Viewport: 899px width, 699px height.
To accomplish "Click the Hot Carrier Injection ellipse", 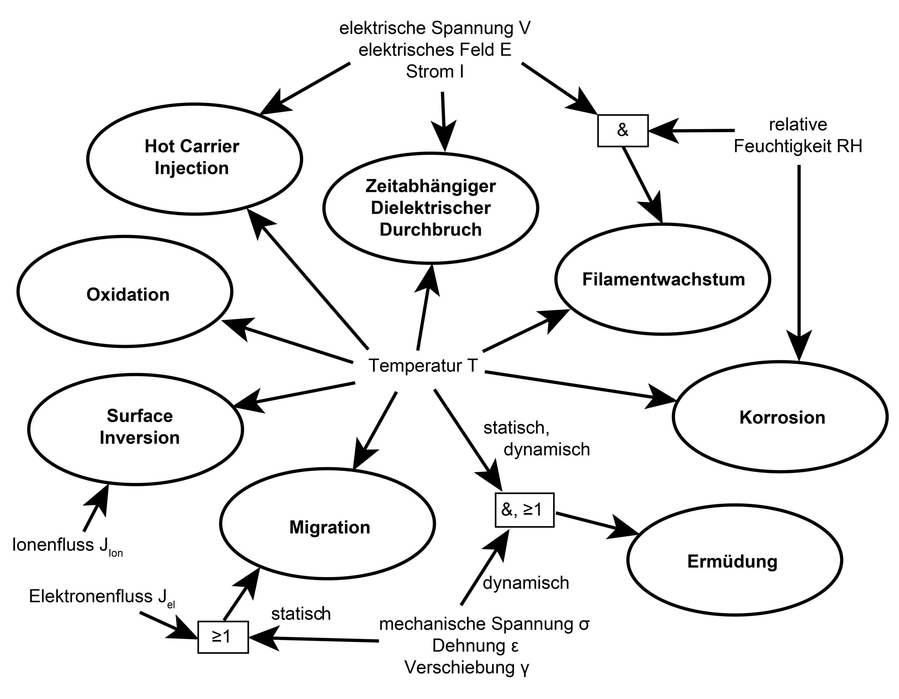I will [x=194, y=158].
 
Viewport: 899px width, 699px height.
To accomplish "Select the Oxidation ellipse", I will [x=125, y=292].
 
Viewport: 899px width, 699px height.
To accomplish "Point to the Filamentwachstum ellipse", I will [x=663, y=279].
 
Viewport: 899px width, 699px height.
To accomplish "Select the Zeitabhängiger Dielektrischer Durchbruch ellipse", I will [x=431, y=208].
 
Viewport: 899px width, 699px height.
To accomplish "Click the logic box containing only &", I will [x=623, y=130].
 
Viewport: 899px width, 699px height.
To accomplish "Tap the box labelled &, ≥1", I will [x=524, y=510].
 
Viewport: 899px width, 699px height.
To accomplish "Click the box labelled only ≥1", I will [x=223, y=637].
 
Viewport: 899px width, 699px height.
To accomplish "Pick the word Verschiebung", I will [x=459, y=667].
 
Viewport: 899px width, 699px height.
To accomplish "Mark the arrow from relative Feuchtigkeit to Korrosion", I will [x=799, y=263].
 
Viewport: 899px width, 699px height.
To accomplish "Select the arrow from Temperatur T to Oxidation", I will [x=288, y=342].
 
